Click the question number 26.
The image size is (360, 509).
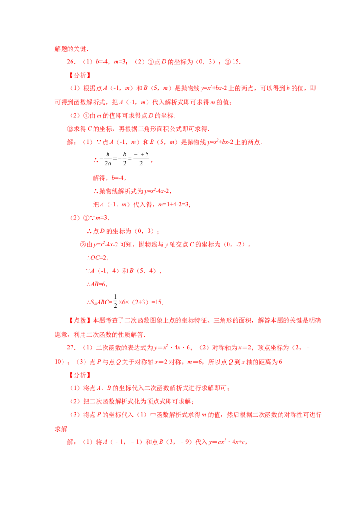click(71, 62)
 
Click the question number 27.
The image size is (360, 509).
click(71, 347)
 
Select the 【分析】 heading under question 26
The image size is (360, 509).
click(80, 75)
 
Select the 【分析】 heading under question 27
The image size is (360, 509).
click(80, 375)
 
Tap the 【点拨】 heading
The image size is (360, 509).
click(80, 321)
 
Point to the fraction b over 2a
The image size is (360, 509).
click(108, 159)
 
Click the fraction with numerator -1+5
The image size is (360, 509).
click(141, 159)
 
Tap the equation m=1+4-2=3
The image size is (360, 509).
click(174, 205)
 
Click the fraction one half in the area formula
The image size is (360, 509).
click(115, 301)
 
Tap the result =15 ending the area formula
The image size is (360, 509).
click(157, 302)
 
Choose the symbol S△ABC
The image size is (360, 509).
click(99, 302)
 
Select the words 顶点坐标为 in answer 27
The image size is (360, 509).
click(273, 348)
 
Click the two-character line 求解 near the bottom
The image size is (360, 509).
click(61, 429)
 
